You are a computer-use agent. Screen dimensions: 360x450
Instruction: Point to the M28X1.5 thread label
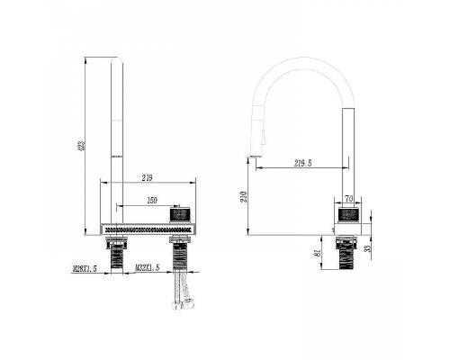point(85,268)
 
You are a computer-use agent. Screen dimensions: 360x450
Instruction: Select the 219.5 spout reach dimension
point(302,163)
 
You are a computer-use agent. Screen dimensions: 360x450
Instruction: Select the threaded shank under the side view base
point(348,256)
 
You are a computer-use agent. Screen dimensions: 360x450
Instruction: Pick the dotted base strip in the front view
point(148,230)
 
